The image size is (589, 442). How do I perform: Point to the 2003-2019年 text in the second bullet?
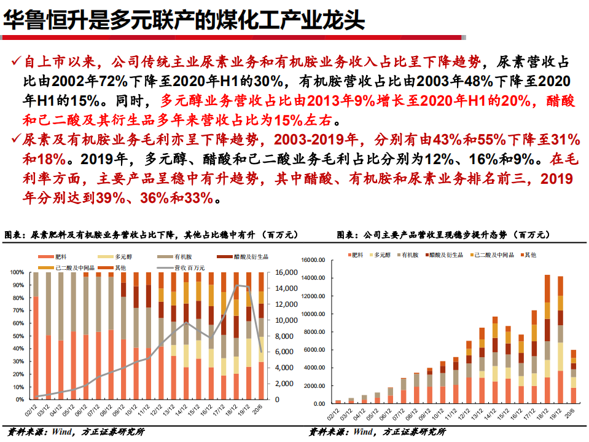[310, 140]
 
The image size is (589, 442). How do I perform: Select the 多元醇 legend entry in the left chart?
[114, 256]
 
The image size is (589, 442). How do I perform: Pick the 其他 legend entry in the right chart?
[528, 254]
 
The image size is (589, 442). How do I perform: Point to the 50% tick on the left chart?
[17, 336]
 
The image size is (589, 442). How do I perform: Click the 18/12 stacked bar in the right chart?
[547, 339]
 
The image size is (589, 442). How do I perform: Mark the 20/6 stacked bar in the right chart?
[574, 376]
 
